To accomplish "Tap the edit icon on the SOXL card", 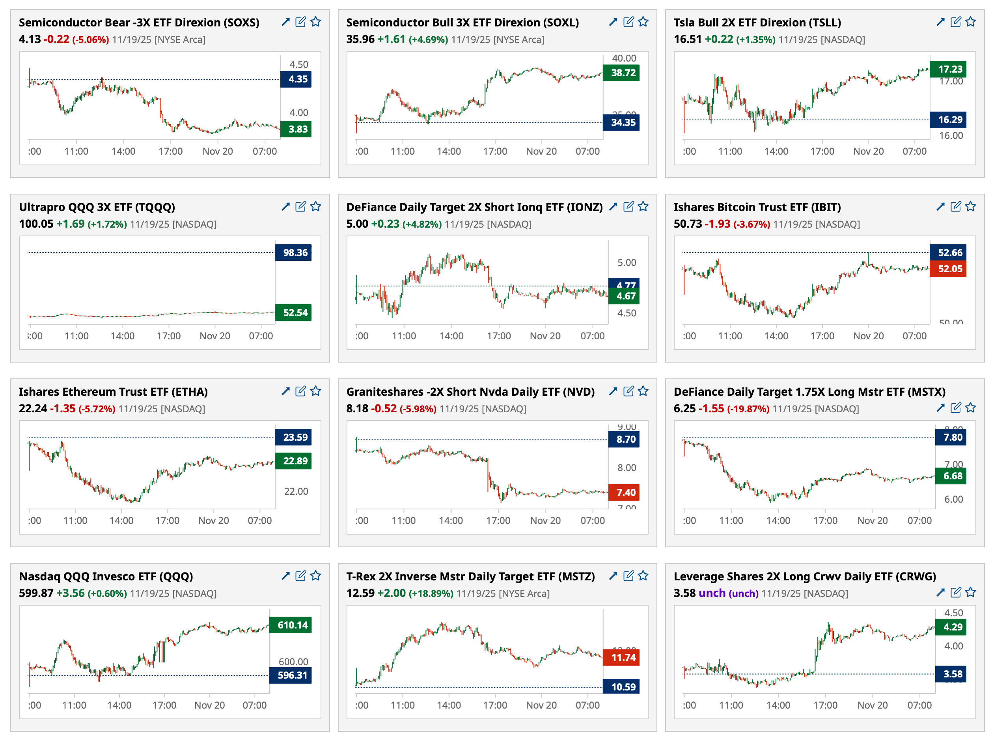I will pos(628,21).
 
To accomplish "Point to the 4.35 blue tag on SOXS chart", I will pos(296,79).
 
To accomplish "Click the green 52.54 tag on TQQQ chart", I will pos(293,312).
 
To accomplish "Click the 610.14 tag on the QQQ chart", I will pos(290,625).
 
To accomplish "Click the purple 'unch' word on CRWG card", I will pos(712,593).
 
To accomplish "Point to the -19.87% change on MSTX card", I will pos(748,409).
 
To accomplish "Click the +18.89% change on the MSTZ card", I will pos(431,593).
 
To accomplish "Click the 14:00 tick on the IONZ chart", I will pos(451,336).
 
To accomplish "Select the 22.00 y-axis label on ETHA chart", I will pos(296,491).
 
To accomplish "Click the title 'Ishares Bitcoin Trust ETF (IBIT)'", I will pos(757,207).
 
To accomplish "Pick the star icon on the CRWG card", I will pos(970,592).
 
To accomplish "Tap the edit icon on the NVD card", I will pos(628,391).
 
